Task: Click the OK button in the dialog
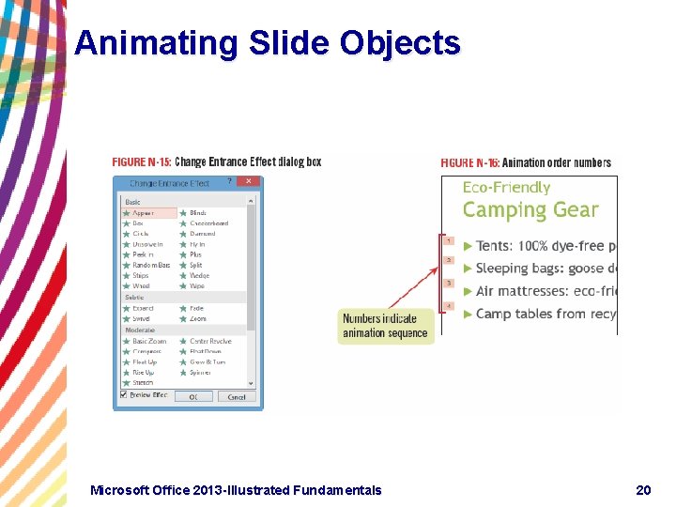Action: [193, 397]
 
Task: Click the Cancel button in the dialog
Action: [236, 397]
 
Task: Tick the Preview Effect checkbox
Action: [124, 395]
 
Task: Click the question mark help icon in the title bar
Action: [230, 181]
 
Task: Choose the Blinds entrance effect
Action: [198, 213]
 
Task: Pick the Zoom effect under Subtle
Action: [197, 319]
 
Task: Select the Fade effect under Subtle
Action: [196, 309]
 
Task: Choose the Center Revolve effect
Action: [210, 342]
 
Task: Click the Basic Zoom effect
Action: [149, 342]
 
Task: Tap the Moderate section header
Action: [140, 330]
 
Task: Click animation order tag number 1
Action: [449, 241]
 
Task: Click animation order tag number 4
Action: [449, 306]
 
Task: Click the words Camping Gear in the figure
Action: [530, 210]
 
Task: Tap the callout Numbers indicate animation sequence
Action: [385, 326]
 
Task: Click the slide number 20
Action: [643, 490]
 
